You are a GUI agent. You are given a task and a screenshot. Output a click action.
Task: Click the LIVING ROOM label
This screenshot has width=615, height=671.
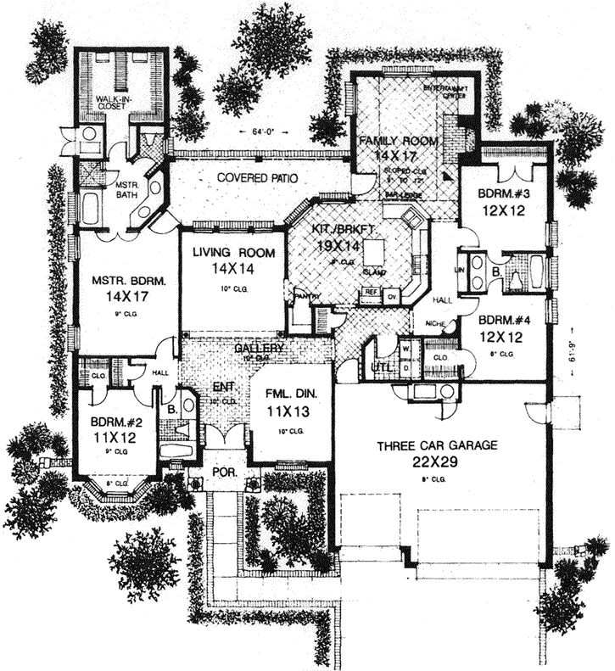pos(232,252)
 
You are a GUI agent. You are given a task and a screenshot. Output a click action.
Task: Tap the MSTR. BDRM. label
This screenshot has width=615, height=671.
pos(127,279)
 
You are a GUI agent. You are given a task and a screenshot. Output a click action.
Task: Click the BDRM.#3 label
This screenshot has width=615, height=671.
pos(504,193)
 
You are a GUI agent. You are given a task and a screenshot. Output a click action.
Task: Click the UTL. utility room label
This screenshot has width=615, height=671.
pos(382,366)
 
